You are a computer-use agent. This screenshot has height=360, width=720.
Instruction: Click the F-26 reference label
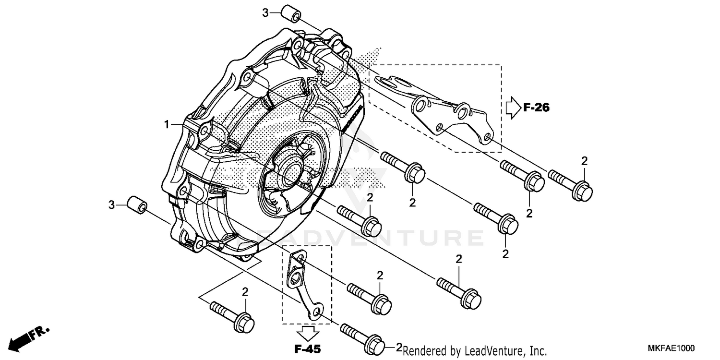pos(536,108)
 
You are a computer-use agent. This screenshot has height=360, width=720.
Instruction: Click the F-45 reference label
pos(308,348)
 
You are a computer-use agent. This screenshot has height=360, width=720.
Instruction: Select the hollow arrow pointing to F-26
pos(513,108)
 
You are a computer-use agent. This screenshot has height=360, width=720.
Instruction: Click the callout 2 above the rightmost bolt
pos(584,161)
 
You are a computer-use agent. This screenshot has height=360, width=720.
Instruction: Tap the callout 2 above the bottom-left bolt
pos(245,292)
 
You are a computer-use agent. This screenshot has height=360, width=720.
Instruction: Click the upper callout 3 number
pos(265,13)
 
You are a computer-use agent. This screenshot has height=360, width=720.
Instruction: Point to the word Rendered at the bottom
pos(422,351)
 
